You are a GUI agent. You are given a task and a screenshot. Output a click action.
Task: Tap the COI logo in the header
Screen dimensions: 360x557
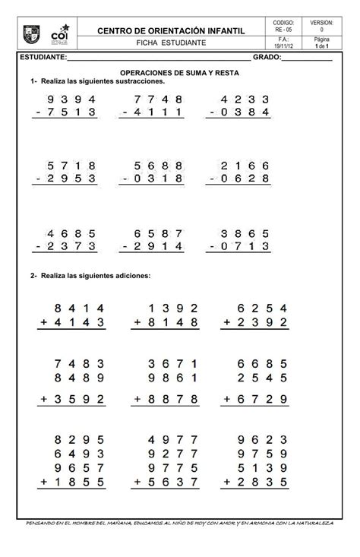tap(68, 35)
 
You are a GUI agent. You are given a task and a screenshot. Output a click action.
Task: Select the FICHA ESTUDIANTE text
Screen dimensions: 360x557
tap(175, 43)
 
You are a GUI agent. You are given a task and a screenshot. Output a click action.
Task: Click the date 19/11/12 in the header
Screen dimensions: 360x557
tap(281, 46)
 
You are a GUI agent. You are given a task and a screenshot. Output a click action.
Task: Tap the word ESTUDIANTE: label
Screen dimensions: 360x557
tap(45, 58)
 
